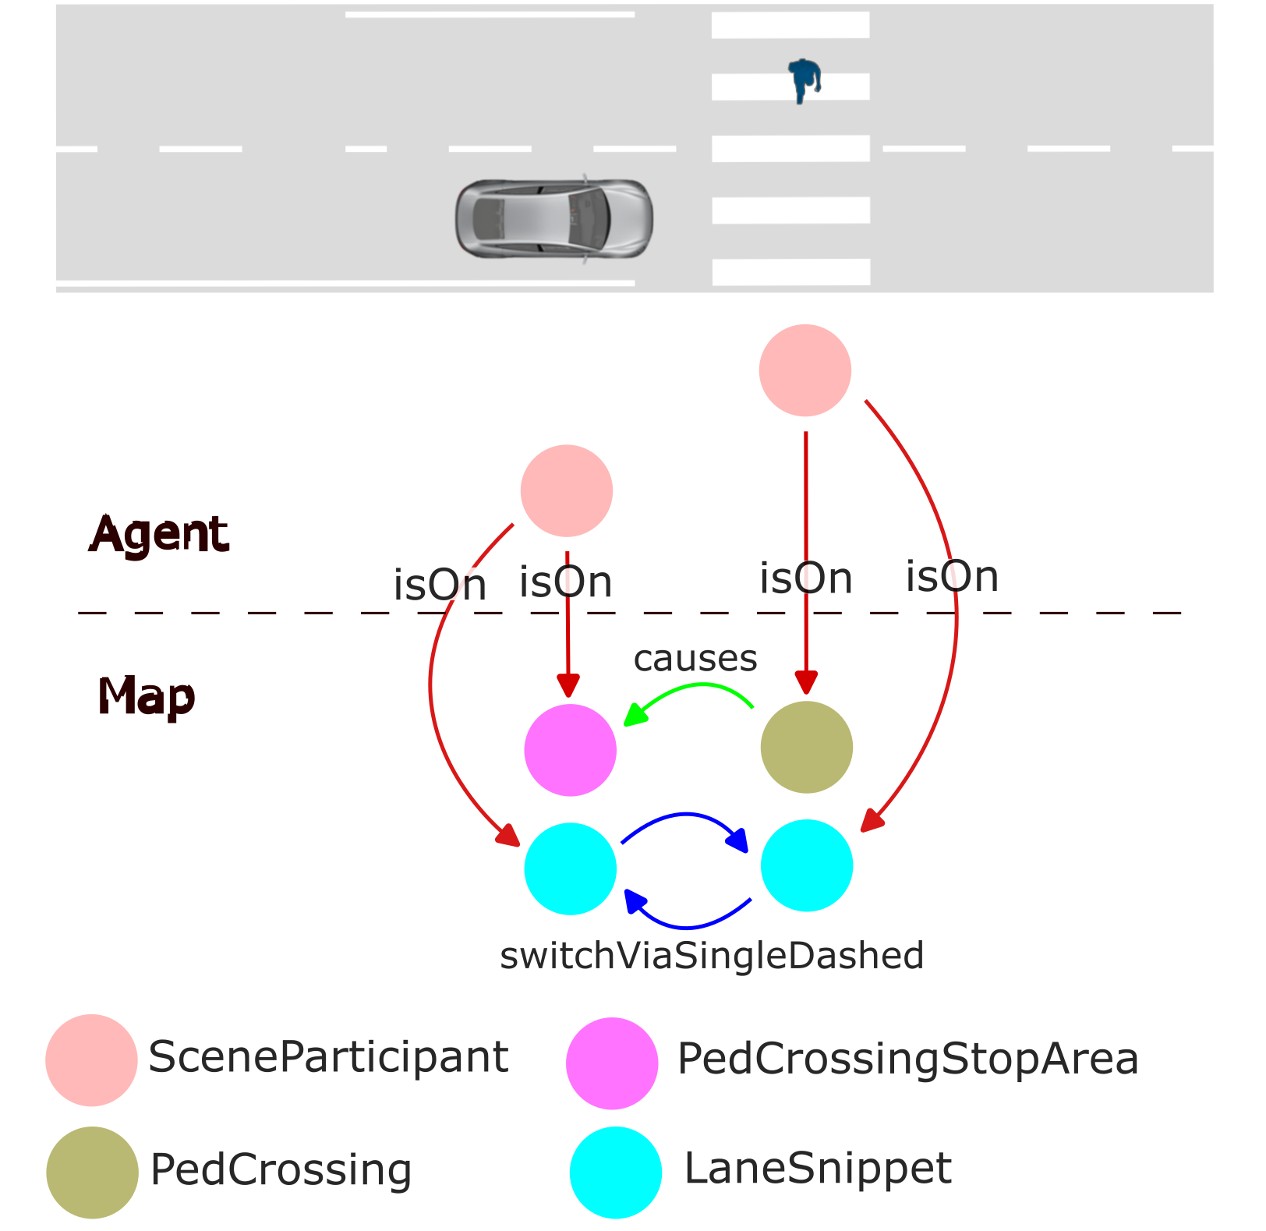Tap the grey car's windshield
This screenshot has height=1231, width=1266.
pos(589,219)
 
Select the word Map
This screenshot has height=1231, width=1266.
pos(146,696)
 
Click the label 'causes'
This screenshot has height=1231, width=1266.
pos(695,659)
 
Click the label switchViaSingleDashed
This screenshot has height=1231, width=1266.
pos(711,956)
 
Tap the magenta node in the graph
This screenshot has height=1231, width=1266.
pos(570,750)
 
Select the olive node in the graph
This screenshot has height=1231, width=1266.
pos(806,747)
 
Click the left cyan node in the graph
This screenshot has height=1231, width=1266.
pos(570,868)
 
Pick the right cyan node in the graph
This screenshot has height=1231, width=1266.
pos(806,865)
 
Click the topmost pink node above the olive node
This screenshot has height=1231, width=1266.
pos(805,370)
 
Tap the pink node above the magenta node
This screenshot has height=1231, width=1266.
pos(566,490)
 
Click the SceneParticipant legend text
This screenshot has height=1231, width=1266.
pos(327,1057)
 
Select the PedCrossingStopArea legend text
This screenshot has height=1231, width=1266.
pos(907,1059)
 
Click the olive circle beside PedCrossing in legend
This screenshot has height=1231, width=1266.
pos(92,1172)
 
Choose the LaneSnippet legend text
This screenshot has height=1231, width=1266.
pos(817,1168)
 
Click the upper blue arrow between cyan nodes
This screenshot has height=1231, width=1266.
pos(684,816)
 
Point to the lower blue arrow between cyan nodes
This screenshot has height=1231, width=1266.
pos(686,926)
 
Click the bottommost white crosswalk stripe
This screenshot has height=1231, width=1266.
pos(790,272)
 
